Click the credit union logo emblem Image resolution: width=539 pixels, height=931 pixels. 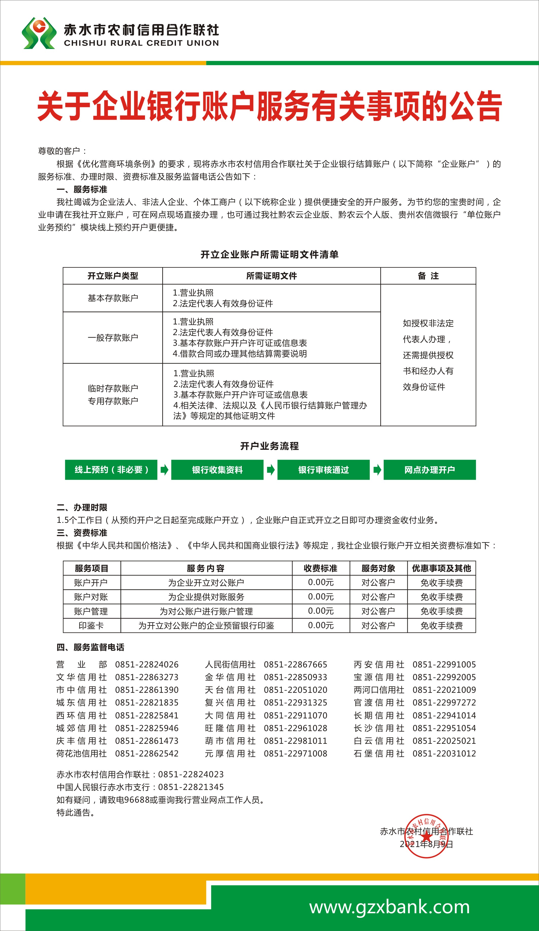click(39, 33)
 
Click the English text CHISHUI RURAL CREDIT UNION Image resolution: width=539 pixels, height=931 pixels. click(141, 43)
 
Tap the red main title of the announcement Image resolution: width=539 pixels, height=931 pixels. click(269, 106)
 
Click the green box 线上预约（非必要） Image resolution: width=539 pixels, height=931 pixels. click(111, 470)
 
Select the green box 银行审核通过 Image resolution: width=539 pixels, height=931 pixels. click(324, 470)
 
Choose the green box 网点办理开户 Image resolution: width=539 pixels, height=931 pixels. click(429, 470)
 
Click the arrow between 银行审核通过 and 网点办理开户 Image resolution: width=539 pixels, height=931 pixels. click(377, 470)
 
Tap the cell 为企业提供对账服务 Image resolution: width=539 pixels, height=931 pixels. click(206, 597)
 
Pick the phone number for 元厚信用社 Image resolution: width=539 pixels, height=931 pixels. click(295, 753)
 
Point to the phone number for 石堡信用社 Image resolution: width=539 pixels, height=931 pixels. click(444, 753)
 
